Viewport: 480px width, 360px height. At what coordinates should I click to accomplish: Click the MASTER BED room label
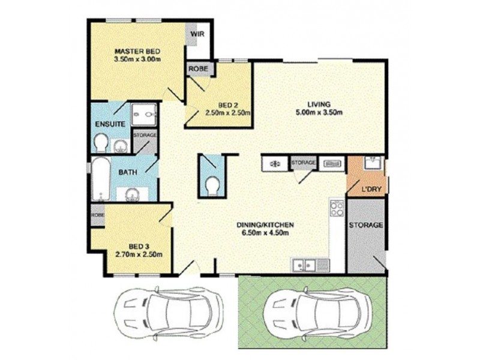(x=136, y=52)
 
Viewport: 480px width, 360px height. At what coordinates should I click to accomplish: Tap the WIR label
(x=198, y=34)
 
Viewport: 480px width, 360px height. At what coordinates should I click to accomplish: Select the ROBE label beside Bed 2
(x=199, y=69)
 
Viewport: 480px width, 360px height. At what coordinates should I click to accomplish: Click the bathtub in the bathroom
(x=100, y=178)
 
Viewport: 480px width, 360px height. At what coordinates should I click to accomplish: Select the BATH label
(x=127, y=172)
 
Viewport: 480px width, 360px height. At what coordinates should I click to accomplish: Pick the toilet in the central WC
(x=212, y=186)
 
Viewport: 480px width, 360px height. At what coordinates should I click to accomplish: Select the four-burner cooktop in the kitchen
(x=337, y=209)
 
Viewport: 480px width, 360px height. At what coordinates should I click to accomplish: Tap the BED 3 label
(x=139, y=245)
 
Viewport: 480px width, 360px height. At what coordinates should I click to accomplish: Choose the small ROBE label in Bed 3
(x=97, y=214)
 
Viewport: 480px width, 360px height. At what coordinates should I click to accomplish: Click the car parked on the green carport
(x=311, y=311)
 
